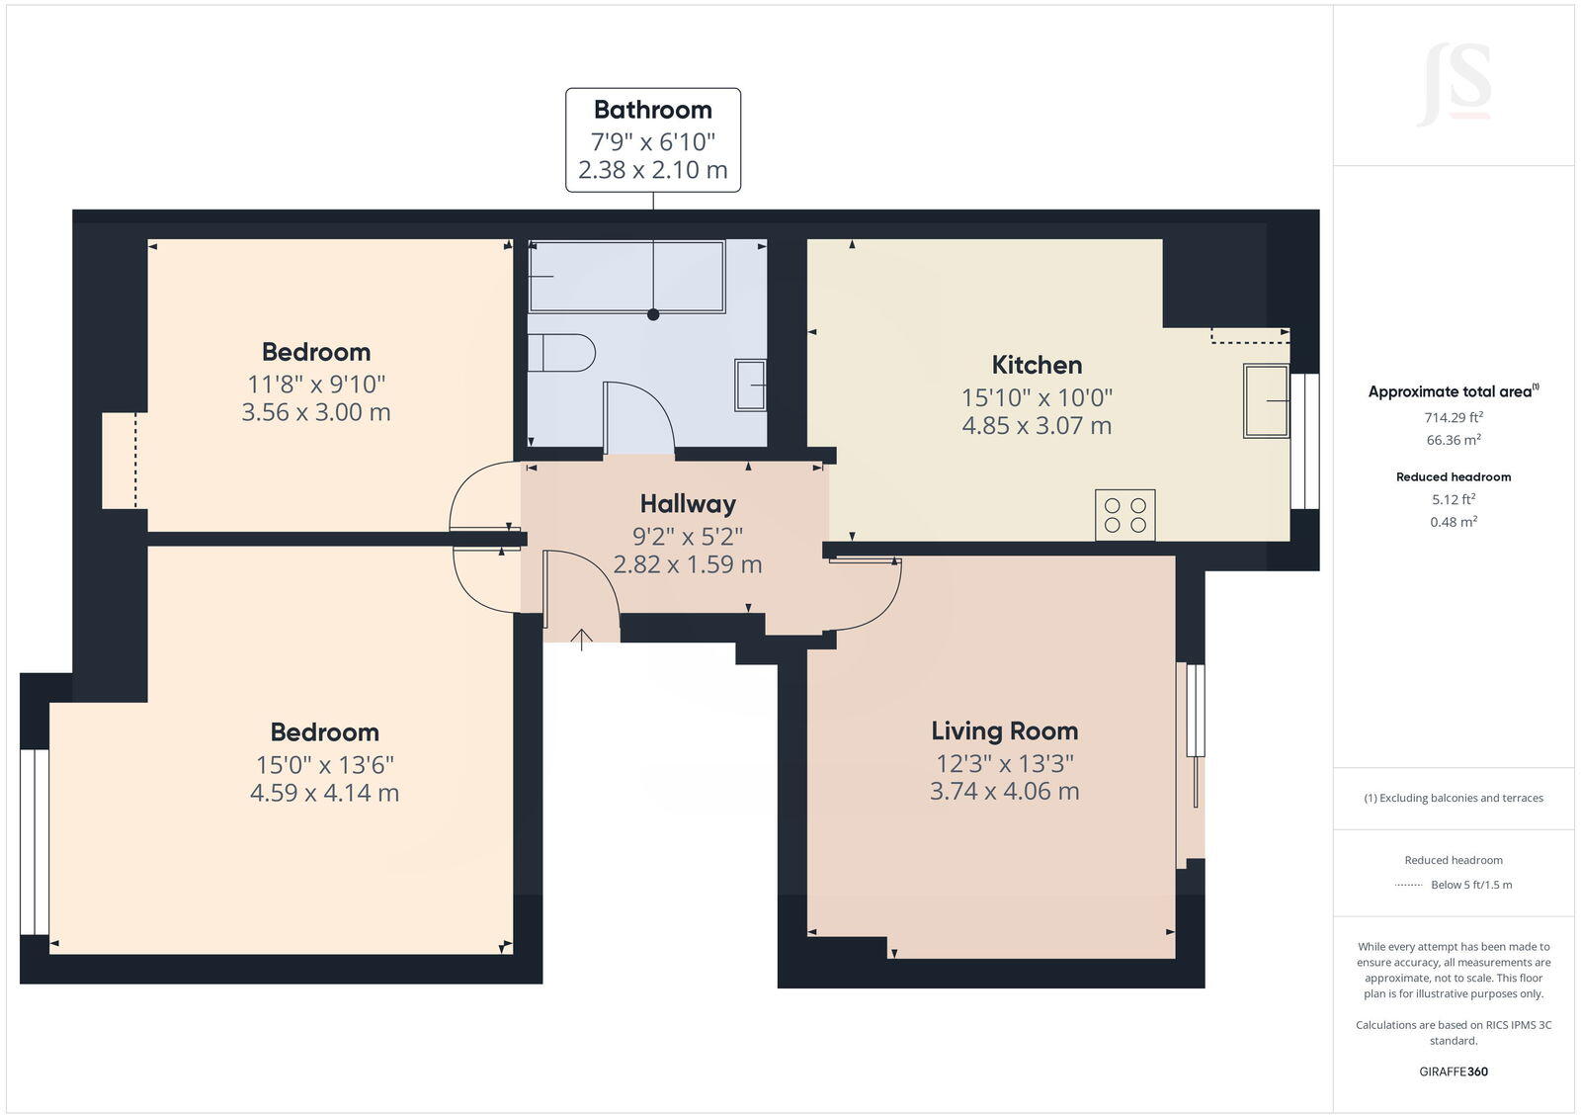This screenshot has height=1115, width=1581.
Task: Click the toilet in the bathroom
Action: tap(561, 353)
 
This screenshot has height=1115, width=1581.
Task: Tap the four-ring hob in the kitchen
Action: tap(1124, 515)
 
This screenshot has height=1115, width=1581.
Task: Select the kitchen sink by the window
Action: tap(1266, 401)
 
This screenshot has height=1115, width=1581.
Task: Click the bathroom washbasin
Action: tap(750, 386)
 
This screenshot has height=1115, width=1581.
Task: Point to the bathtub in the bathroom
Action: tap(626, 276)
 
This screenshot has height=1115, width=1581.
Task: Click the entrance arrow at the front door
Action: tap(582, 640)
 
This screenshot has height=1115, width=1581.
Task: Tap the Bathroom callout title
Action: tap(652, 110)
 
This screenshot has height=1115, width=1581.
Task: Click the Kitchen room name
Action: tap(1037, 365)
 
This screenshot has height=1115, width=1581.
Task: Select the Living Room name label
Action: tap(1004, 730)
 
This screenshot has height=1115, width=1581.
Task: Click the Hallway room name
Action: tap(688, 504)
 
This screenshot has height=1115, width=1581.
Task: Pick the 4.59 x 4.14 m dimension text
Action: tap(324, 793)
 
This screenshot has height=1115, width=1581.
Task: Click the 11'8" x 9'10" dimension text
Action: tap(316, 384)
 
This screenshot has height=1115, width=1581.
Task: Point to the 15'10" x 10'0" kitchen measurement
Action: tap(1037, 397)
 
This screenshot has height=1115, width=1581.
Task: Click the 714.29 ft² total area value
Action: tap(1453, 417)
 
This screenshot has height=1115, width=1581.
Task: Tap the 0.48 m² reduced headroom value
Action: tap(1453, 522)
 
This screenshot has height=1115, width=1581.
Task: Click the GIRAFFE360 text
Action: tap(1453, 1072)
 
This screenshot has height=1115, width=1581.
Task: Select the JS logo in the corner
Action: tap(1455, 86)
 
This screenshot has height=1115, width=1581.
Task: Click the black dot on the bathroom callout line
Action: tap(652, 314)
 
